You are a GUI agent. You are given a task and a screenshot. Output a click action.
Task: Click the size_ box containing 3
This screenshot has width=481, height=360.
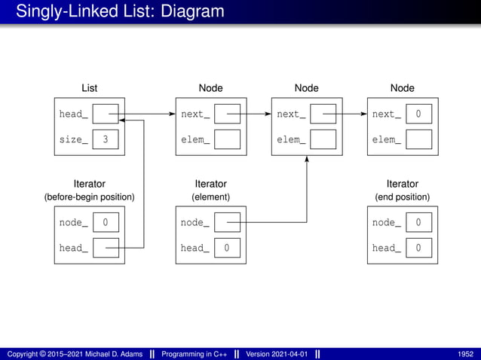pyautogui.click(x=106, y=139)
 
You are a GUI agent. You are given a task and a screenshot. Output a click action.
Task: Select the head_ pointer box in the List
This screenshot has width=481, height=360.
pyautogui.click(x=106, y=114)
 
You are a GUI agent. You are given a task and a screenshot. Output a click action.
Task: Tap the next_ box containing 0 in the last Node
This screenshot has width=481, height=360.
pyautogui.click(x=418, y=114)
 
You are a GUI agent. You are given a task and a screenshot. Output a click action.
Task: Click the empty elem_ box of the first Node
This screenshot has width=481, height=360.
pyautogui.click(x=227, y=139)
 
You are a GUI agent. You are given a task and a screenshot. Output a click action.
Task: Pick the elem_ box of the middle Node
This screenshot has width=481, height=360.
pyautogui.click(x=323, y=139)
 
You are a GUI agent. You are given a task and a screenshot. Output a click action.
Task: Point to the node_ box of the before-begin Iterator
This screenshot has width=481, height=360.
pyautogui.click(x=106, y=222)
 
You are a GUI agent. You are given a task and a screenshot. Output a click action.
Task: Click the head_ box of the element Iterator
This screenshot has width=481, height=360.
pyautogui.click(x=227, y=248)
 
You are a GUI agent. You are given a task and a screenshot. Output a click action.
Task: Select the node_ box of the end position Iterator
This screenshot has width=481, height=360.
pyautogui.click(x=418, y=222)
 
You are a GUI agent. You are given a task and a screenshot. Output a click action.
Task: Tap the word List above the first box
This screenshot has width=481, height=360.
pyautogui.click(x=89, y=88)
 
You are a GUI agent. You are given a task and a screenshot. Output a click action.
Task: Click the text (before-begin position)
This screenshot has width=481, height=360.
pyautogui.click(x=89, y=197)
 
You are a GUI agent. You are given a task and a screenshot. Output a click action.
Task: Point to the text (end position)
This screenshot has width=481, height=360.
pyautogui.click(x=402, y=197)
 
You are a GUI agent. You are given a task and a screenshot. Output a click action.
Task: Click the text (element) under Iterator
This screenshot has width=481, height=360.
pyautogui.click(x=210, y=197)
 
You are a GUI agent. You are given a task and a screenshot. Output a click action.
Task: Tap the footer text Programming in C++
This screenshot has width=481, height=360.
pyautogui.click(x=192, y=354)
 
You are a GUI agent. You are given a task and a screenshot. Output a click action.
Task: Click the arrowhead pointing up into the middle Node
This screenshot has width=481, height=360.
pyautogui.click(x=307, y=159)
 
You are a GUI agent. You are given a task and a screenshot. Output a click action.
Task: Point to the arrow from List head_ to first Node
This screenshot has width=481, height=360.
pyautogui.click(x=147, y=114)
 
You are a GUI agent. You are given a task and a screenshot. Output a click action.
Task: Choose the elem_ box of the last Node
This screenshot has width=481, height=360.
pyautogui.click(x=418, y=139)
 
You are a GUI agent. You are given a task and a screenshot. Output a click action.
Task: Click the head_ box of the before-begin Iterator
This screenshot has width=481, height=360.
pyautogui.click(x=106, y=248)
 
